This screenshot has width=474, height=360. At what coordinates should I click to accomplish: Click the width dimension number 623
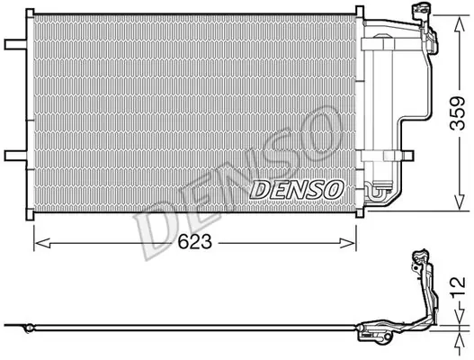(194, 242)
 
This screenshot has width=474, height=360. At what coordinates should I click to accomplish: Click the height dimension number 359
(457, 113)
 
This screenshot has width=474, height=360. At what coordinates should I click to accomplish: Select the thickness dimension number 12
(458, 287)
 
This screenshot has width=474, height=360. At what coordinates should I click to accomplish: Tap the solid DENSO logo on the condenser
(297, 190)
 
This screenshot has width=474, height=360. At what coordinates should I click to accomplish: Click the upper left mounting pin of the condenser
(15, 44)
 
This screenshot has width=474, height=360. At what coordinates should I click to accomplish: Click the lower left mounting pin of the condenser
(15, 156)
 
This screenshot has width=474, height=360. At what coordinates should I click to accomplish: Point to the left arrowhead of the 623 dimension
(42, 243)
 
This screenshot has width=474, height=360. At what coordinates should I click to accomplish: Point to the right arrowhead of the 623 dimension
(348, 243)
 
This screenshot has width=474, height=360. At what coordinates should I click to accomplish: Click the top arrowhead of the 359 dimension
(460, 23)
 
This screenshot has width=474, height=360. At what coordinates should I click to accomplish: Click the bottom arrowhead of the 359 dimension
(460, 202)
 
